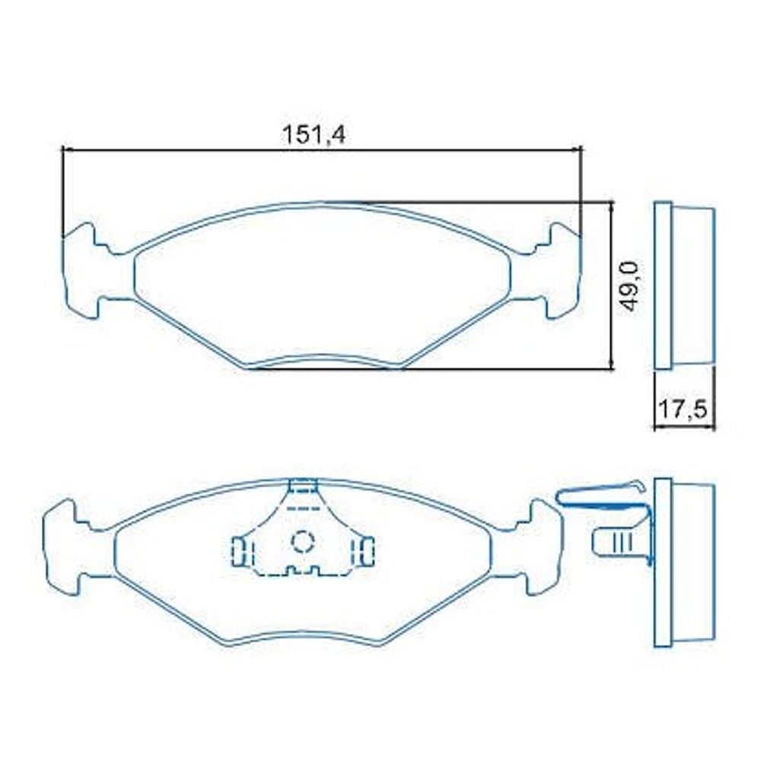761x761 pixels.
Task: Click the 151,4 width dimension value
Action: [x=314, y=135]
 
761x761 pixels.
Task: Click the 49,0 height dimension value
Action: [x=629, y=286]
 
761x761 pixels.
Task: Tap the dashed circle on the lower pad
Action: [x=303, y=541]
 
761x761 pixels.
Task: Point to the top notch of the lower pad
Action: [x=304, y=486]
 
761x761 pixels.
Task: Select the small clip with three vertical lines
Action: [x=614, y=540]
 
